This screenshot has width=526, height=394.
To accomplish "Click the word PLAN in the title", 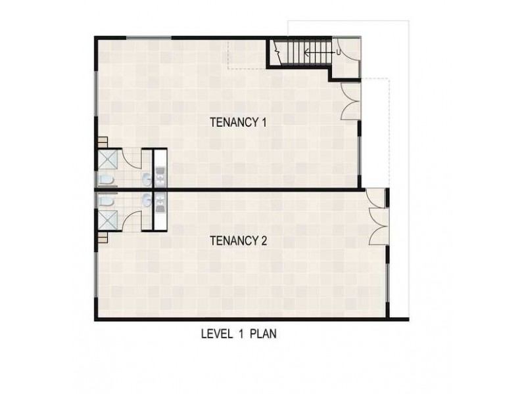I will coord(263,334).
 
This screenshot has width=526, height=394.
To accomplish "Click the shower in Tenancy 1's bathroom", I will coord(107,160).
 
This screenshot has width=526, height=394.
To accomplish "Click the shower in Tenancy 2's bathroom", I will coord(107,220).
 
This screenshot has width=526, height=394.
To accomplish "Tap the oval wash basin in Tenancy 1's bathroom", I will coord(145,179).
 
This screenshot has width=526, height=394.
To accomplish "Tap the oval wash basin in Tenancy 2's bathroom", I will coord(145,200).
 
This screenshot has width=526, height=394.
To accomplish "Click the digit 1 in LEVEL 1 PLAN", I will coord(246,334).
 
